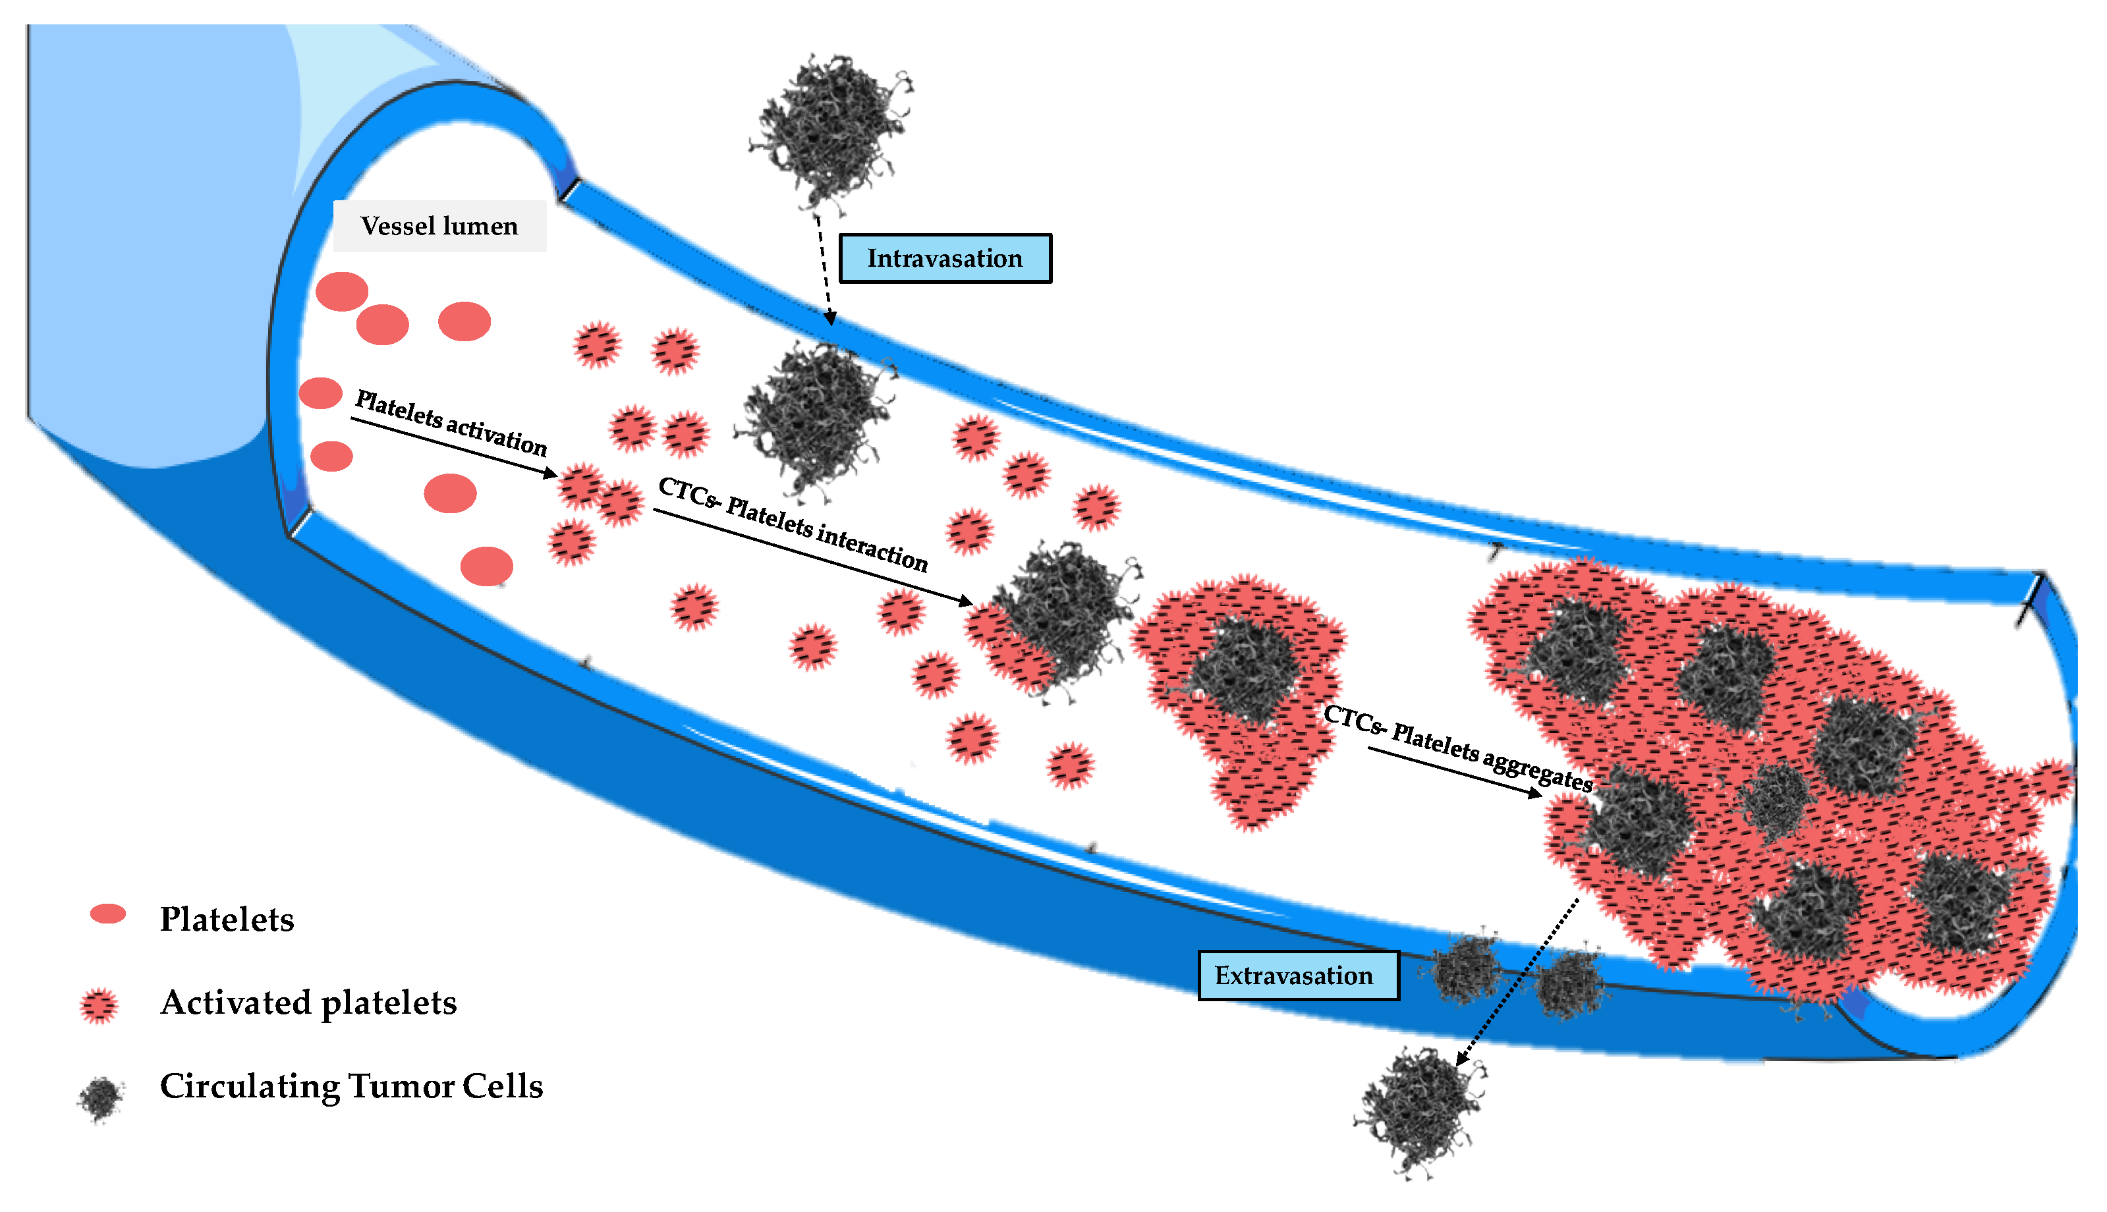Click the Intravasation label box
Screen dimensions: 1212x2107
point(944,258)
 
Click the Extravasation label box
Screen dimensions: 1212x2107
point(1297,975)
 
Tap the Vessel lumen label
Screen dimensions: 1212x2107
point(439,225)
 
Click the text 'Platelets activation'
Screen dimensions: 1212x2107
point(451,423)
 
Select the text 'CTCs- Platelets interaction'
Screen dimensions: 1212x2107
point(792,524)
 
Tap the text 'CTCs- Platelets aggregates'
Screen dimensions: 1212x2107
point(1457,747)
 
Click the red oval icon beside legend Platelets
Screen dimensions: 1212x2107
point(107,914)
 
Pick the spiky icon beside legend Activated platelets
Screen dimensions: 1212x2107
point(99,1006)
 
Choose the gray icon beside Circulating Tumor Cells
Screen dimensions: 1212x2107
point(101,1098)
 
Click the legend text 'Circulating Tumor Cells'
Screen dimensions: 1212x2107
point(351,1086)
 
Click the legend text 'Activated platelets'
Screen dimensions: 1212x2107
point(308,1003)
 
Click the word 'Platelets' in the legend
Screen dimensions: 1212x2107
point(227,919)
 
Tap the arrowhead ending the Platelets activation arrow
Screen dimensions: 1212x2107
point(551,473)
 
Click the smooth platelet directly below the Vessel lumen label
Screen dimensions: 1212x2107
point(464,321)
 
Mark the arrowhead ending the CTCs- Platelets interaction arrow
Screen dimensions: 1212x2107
point(966,600)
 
